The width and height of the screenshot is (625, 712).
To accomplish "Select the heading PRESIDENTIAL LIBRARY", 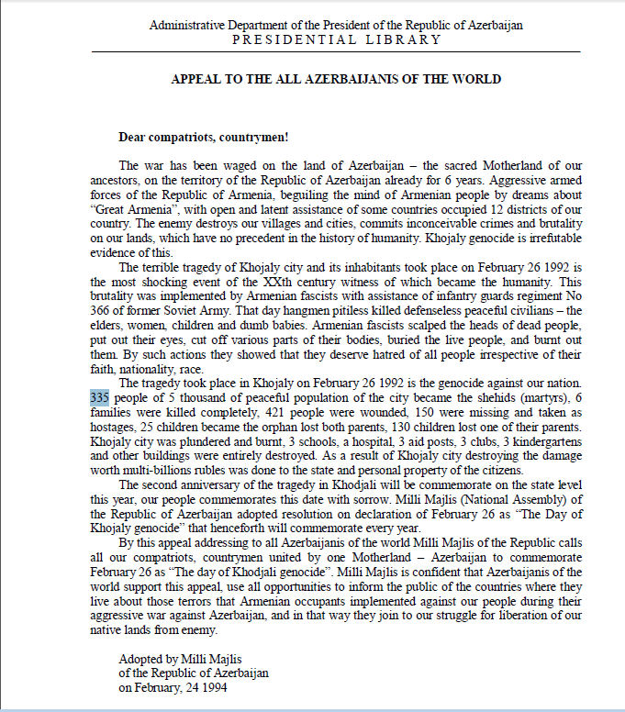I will coord(336,39).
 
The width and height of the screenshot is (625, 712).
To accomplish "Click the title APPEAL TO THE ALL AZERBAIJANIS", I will coord(336,80).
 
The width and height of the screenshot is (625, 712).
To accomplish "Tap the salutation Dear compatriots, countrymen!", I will coord(204,138).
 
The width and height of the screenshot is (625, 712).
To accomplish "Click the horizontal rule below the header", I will coord(336,51).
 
